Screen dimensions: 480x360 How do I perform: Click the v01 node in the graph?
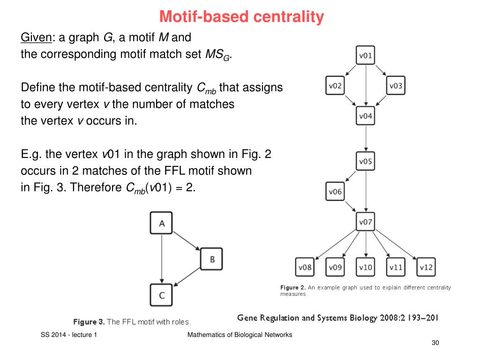(x=366, y=55)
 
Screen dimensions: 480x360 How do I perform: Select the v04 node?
(x=366, y=116)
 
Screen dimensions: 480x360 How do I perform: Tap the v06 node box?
(x=335, y=191)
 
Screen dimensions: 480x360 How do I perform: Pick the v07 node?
(x=366, y=222)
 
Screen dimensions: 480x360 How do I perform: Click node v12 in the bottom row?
(x=426, y=267)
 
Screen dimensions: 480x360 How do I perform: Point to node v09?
(x=335, y=267)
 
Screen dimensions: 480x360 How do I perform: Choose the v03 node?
(x=396, y=85)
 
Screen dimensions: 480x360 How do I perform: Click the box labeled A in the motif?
(x=161, y=223)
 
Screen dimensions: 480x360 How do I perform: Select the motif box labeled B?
(x=211, y=259)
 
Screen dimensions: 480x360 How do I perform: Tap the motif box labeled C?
(x=161, y=295)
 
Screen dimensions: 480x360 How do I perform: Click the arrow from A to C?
(x=162, y=259)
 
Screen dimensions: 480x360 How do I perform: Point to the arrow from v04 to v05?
(x=366, y=138)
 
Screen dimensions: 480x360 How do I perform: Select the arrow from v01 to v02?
(x=351, y=70)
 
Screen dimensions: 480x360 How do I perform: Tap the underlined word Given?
(x=37, y=37)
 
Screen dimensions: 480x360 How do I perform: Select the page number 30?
(x=435, y=343)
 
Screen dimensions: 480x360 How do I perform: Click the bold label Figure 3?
(x=89, y=322)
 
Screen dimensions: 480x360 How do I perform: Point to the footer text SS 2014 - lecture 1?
(x=69, y=335)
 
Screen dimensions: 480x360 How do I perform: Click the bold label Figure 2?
(x=293, y=287)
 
